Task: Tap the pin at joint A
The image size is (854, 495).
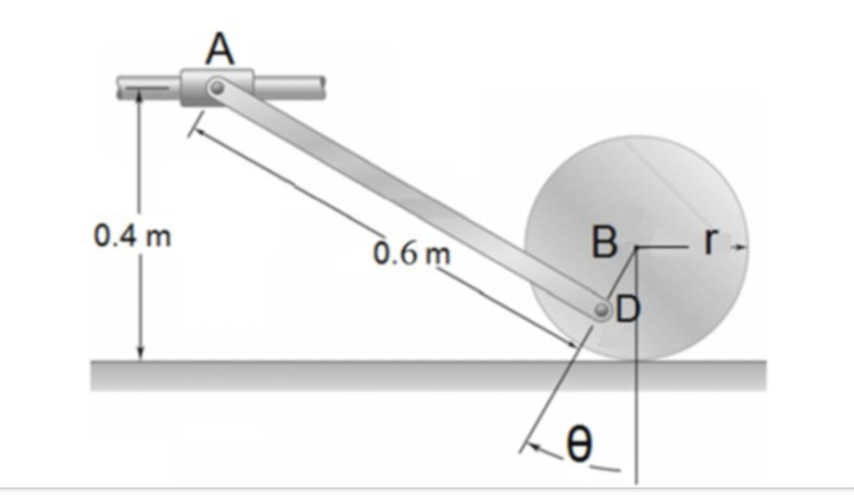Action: [217, 88]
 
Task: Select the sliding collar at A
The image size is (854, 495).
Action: [217, 88]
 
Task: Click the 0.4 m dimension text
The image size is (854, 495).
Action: [132, 237]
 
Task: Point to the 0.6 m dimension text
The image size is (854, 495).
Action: [412, 254]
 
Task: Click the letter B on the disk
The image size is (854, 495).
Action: [604, 242]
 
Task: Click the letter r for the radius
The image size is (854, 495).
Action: [710, 240]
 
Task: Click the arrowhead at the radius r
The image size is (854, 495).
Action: [742, 246]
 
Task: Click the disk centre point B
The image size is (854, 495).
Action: [635, 246]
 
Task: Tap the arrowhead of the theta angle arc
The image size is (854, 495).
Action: [529, 449]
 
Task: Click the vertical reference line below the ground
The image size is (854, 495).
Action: [635, 434]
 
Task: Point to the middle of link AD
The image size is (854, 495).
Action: [409, 198]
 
